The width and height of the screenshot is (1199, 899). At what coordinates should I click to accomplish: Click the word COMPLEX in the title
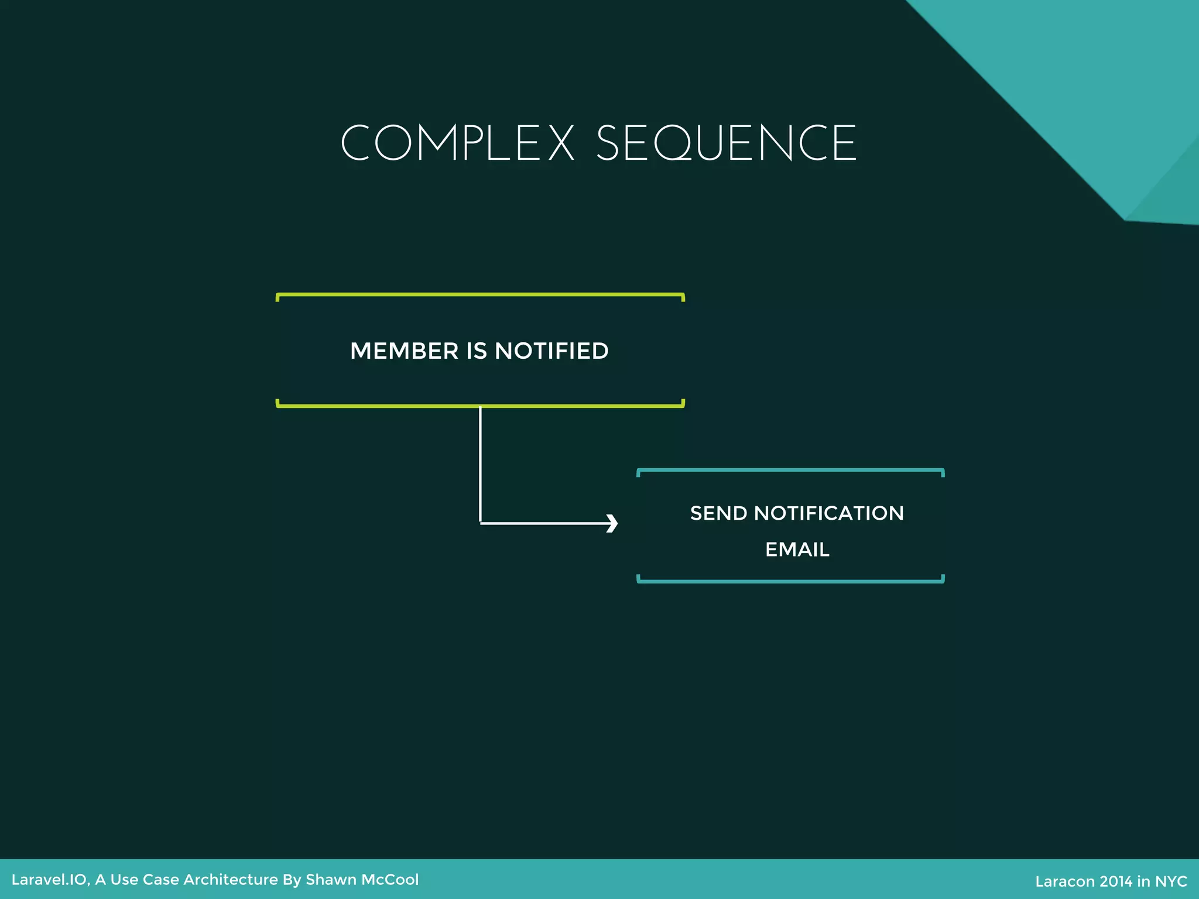click(x=457, y=143)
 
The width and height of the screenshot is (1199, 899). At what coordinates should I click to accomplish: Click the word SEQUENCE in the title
click(x=726, y=143)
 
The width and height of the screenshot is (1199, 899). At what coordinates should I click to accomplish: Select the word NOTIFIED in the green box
click(x=551, y=351)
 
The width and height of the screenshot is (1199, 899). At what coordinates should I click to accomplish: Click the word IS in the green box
click(x=477, y=351)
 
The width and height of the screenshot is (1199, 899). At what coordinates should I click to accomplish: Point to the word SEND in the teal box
click(x=718, y=513)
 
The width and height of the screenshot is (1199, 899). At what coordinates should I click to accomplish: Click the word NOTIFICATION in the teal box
click(x=828, y=513)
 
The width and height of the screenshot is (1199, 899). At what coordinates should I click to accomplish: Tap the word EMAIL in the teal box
click(x=797, y=550)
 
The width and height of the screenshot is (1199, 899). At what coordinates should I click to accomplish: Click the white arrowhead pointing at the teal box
click(x=612, y=523)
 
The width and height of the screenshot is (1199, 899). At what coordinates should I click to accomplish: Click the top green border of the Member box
click(x=480, y=295)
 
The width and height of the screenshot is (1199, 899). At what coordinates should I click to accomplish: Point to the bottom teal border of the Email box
click(x=790, y=581)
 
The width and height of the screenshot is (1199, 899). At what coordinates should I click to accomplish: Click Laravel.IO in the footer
click(x=49, y=880)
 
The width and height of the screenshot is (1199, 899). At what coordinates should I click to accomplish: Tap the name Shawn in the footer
click(x=330, y=880)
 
